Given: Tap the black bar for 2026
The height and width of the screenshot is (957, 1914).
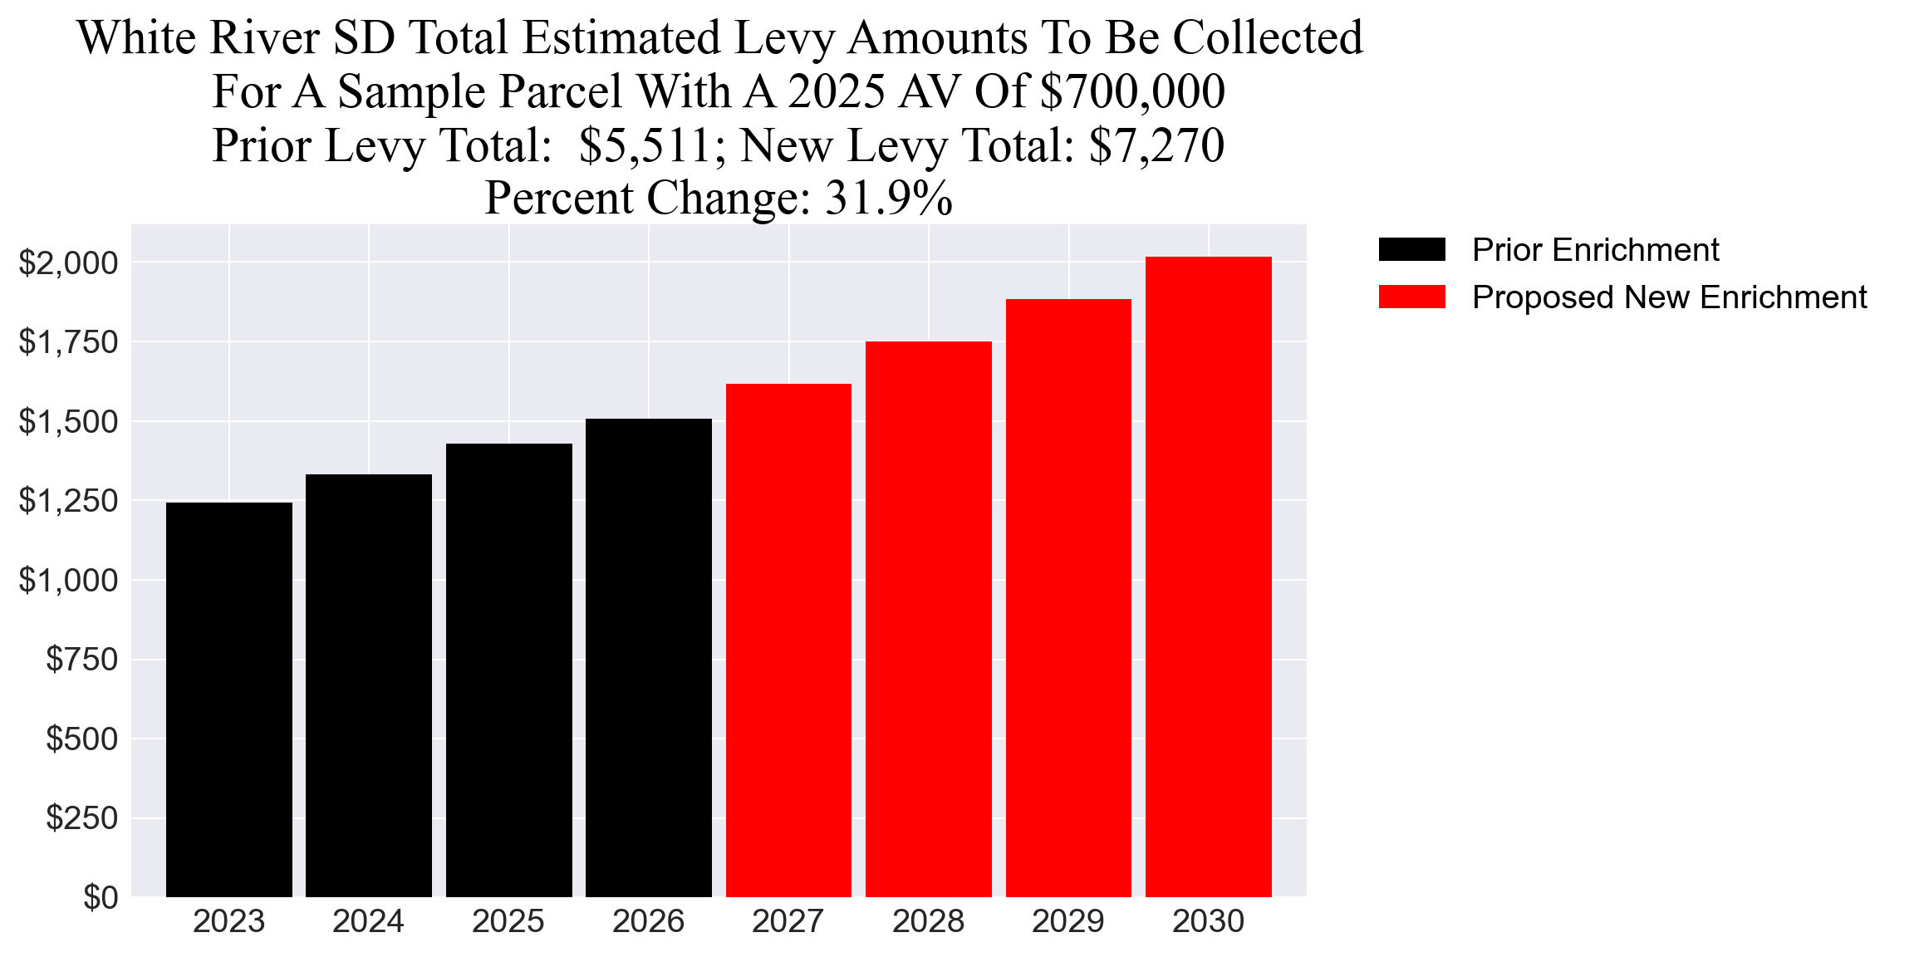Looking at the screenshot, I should pos(648,657).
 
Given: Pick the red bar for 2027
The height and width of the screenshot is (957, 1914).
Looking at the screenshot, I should pos(788,640).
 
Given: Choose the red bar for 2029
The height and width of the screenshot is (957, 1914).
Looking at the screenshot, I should pos(1068,597).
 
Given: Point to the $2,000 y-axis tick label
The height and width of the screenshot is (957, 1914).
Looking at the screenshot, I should pos(68,263).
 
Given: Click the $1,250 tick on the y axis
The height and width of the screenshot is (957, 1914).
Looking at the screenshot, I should pos(68,501).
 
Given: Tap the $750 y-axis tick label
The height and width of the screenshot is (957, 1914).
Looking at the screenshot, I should pos(81,660).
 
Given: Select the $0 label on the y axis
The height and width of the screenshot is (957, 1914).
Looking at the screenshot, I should pos(100,897).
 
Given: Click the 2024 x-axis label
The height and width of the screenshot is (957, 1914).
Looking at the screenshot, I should pos(368,921).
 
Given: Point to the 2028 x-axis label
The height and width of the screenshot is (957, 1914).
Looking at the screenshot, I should pos(928,921).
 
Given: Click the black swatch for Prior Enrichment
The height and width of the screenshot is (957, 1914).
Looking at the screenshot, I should pos(1411,249).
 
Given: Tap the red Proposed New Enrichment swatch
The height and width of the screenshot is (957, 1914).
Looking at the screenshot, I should pos(1411,297).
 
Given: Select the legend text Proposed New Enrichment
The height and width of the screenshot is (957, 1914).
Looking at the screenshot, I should pos(1669,297).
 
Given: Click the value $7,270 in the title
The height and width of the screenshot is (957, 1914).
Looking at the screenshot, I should pos(1156,146).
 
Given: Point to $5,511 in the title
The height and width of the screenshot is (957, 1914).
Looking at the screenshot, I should pos(645,146).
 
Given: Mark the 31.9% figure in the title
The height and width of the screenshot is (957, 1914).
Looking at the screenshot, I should pos(888,199).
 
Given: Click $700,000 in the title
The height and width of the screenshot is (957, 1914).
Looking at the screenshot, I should pos(1131,92).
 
